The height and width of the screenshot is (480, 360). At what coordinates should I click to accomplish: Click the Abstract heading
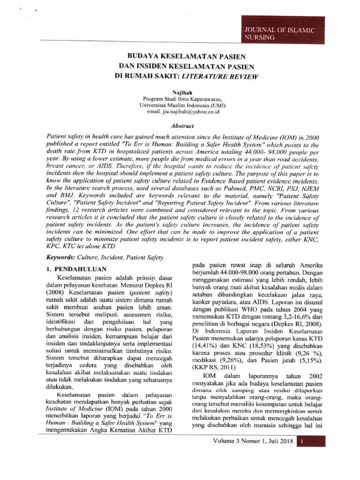[x=180, y=126]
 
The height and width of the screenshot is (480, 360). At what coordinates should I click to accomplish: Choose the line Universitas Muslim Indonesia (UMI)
[x=180, y=106]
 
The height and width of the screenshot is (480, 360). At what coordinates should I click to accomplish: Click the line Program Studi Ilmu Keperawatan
[x=180, y=99]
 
